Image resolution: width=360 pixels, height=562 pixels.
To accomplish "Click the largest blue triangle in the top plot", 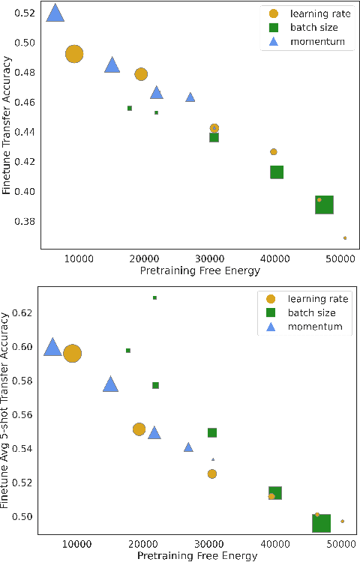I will (x=55, y=13).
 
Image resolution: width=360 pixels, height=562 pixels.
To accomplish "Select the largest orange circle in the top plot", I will (x=73, y=54).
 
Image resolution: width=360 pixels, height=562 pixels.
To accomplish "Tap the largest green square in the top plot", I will (x=324, y=204).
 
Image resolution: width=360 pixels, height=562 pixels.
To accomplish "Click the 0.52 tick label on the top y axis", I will (x=25, y=13).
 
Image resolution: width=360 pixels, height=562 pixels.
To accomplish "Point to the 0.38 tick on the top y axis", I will (x=25, y=222).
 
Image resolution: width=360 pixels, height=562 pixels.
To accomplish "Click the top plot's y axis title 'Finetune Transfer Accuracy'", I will (x=7, y=132).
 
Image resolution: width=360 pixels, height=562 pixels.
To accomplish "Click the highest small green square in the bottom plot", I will (x=154, y=297).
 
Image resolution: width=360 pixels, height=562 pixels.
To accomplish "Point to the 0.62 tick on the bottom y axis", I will (x=25, y=312).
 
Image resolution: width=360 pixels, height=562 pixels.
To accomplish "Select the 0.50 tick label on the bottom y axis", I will (x=25, y=516).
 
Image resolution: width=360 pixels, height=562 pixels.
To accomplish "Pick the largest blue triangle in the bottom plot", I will (x=52, y=347).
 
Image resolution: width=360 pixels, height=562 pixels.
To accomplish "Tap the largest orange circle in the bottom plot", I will (x=72, y=354).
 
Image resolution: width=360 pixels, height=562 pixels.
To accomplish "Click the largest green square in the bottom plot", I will (x=321, y=522).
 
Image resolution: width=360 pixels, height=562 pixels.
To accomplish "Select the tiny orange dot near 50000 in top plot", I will (x=345, y=238).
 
